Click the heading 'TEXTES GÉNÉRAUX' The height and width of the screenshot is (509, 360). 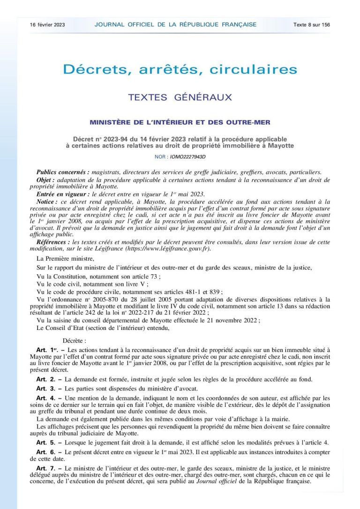pos(180,97)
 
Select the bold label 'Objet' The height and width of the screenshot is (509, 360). pos(46,180)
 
